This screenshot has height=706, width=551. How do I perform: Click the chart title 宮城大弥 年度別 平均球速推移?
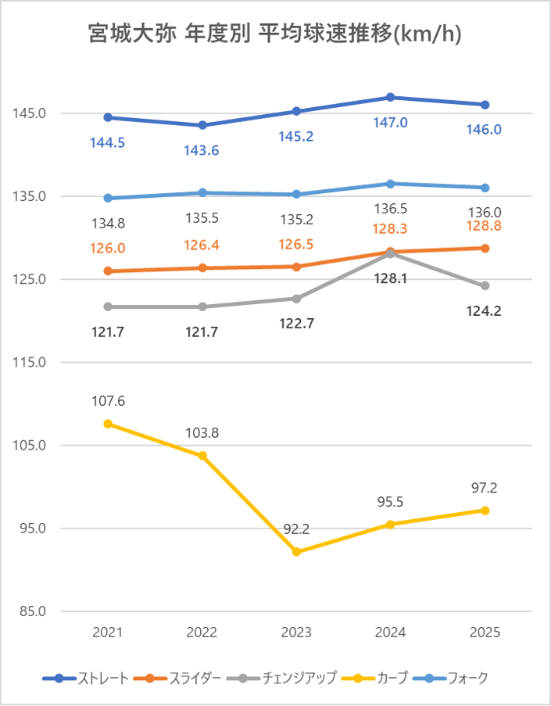(x=275, y=35)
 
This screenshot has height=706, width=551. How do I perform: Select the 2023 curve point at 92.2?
(x=296, y=552)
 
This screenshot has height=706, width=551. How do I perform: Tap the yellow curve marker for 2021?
(x=108, y=424)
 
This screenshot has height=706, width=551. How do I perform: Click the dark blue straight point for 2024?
(x=390, y=97)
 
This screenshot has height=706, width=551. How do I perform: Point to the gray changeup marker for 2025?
(x=485, y=285)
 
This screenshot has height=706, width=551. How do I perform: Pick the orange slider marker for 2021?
(x=108, y=271)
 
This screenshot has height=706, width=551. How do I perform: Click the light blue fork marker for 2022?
(x=202, y=192)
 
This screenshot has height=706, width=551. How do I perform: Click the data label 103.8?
(x=202, y=433)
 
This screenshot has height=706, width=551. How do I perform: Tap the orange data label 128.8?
(x=485, y=226)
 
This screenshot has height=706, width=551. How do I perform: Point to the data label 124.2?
(x=485, y=310)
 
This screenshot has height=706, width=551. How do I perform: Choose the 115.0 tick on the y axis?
(x=29, y=363)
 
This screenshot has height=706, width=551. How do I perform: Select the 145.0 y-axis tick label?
(x=29, y=113)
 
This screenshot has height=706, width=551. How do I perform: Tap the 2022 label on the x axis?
(x=202, y=633)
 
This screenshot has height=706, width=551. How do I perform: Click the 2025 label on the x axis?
(x=485, y=633)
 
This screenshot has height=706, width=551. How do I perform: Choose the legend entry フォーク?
(x=467, y=678)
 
